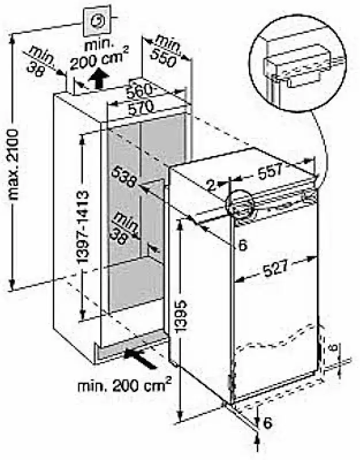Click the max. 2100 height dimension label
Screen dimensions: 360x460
tap(13, 165)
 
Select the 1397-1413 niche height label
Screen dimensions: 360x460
tap(83, 227)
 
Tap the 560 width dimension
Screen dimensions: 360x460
tap(139, 90)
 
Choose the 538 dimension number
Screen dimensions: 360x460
tap(123, 176)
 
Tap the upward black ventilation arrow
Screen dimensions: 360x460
tap(99, 78)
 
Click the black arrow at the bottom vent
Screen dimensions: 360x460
tap(139, 359)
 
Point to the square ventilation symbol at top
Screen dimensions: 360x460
tap(97, 21)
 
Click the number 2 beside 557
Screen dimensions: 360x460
tap(211, 185)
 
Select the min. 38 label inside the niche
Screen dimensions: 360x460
tap(123, 229)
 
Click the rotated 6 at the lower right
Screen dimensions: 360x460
tap(334, 347)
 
